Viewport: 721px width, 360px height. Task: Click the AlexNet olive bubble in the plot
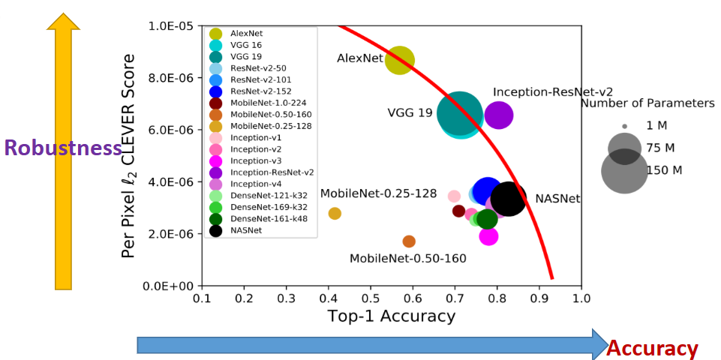pyautogui.click(x=400, y=60)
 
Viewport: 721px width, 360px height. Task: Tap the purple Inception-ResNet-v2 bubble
pyautogui.click(x=499, y=115)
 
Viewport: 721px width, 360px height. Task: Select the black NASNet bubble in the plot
pyautogui.click(x=508, y=199)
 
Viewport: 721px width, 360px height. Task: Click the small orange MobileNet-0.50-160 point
pyautogui.click(x=409, y=241)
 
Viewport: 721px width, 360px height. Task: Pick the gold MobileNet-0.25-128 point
pyautogui.click(x=335, y=214)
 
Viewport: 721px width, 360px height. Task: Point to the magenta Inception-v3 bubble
pyautogui.click(x=488, y=236)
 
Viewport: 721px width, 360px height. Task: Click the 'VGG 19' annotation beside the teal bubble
pyautogui.click(x=410, y=113)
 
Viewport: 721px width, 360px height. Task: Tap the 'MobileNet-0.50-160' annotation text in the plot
pyautogui.click(x=408, y=259)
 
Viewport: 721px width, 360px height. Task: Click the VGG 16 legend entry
pyautogui.click(x=246, y=45)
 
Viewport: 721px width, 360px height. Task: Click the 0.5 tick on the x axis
pyautogui.click(x=370, y=298)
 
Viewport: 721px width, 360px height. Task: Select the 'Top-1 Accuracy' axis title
pyautogui.click(x=391, y=316)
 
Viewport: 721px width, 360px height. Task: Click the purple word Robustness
pyautogui.click(x=63, y=148)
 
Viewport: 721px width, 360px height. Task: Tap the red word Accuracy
pyautogui.click(x=652, y=348)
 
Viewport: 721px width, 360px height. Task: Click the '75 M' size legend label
pyautogui.click(x=660, y=148)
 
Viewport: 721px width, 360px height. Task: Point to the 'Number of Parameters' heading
pyautogui.click(x=647, y=103)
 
